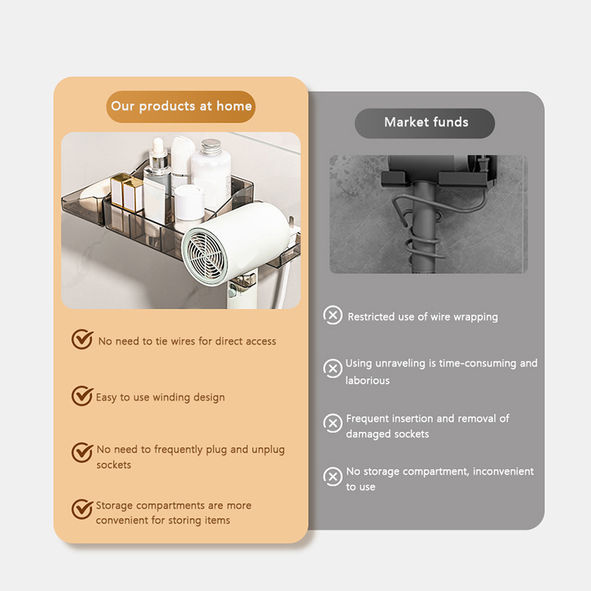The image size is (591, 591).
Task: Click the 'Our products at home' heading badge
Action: (181, 106)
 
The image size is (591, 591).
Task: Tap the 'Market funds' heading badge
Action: (425, 123)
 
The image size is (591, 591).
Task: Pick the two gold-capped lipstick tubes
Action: (126, 192)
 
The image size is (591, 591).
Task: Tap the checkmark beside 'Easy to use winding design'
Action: (82, 396)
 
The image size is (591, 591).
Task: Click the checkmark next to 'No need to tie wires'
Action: (82, 339)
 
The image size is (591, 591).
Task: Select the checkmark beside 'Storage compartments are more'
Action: (82, 509)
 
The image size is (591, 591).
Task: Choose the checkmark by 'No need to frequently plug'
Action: (82, 452)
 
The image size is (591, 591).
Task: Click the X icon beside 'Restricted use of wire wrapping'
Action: (333, 315)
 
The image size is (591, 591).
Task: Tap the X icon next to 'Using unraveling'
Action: (333, 368)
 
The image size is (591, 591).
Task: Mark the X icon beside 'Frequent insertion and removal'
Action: (333, 423)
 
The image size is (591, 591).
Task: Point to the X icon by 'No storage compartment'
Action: (333, 476)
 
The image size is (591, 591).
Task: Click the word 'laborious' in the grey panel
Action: (367, 380)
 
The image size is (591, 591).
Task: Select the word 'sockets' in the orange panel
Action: (114, 465)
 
